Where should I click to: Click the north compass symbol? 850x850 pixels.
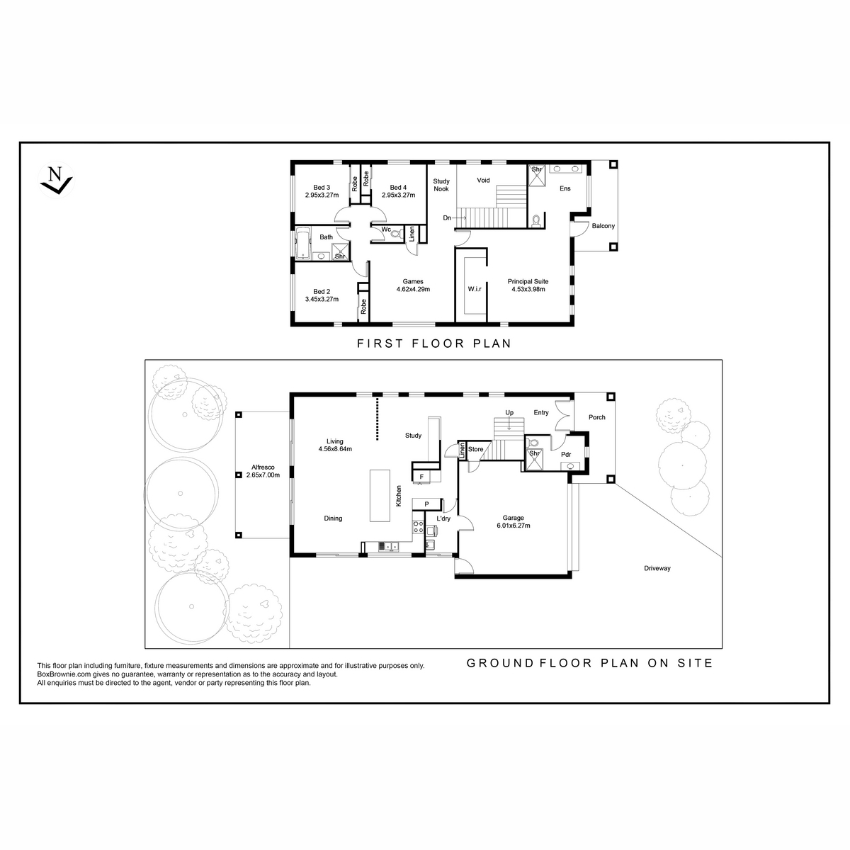pos(56,179)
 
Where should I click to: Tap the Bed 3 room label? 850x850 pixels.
pos(322,188)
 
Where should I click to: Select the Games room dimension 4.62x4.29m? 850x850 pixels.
pos(413,290)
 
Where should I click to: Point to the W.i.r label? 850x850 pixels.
pos(475,289)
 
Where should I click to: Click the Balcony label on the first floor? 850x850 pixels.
pos(603,226)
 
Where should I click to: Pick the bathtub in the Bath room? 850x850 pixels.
pos(303,244)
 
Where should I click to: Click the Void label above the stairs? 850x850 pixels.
pos(484,180)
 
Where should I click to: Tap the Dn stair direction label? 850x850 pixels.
pos(447,218)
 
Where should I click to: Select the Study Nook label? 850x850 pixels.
pos(441,185)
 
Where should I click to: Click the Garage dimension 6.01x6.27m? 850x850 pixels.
pos(514,526)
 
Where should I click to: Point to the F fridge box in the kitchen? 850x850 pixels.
pos(421,477)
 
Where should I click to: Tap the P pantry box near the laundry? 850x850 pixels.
pos(426,504)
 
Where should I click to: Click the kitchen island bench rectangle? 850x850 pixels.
pos(380,496)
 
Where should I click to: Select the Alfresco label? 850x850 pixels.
pos(263,467)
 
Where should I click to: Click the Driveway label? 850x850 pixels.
pos(657,568)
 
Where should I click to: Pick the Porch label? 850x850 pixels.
pos(597,417)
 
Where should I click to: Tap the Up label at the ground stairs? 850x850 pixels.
pos(509,413)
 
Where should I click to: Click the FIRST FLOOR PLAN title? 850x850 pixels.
pos(434,343)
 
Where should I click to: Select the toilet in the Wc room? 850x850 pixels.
pos(396,233)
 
